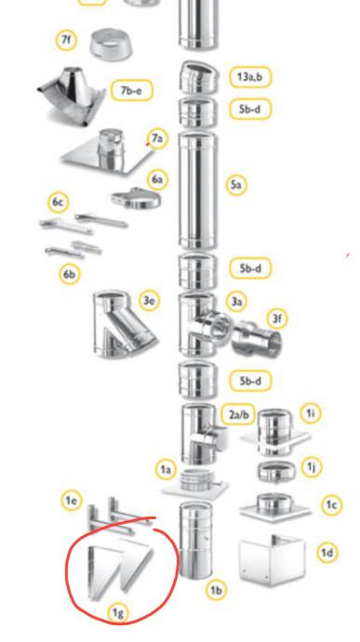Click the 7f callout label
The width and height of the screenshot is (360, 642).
tap(66, 41)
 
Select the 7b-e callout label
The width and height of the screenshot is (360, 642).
tap(131, 90)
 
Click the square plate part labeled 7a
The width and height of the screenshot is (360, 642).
tap(107, 153)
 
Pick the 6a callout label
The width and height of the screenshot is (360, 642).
tap(158, 180)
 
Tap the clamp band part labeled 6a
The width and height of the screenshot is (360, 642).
tap(136, 198)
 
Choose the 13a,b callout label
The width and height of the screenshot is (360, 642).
tap(250, 76)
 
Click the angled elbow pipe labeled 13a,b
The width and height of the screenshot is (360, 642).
tap(198, 76)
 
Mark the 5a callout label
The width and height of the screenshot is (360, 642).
tap(236, 184)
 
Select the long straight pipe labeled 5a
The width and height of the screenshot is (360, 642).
tap(197, 191)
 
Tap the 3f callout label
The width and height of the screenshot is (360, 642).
tap(277, 318)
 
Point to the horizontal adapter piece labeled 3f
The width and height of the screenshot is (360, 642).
tap(257, 338)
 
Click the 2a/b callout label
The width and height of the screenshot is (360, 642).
tap(238, 414)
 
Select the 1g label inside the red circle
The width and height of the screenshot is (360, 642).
tap(118, 613)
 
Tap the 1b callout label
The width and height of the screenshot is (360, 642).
tap(216, 590)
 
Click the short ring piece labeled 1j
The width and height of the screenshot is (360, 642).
tap(276, 472)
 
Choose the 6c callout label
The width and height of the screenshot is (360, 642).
tap(59, 202)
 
